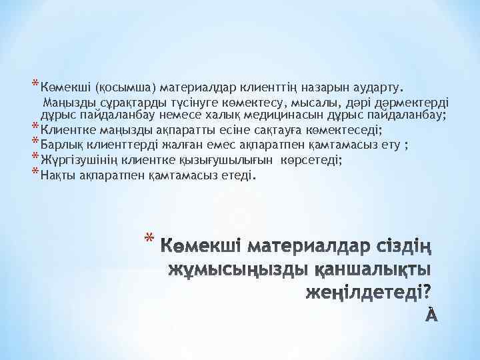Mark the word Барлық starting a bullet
[x=61, y=145]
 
